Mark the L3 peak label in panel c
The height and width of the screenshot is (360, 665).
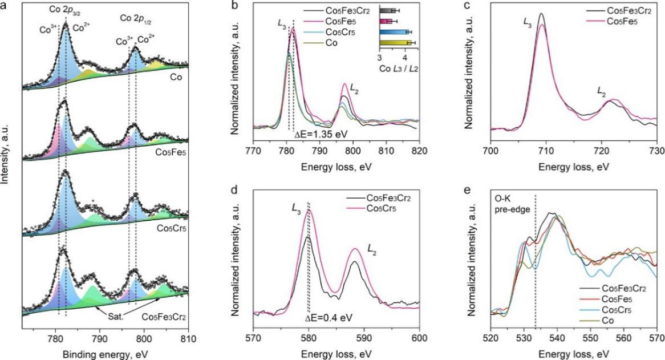point(526,22)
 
